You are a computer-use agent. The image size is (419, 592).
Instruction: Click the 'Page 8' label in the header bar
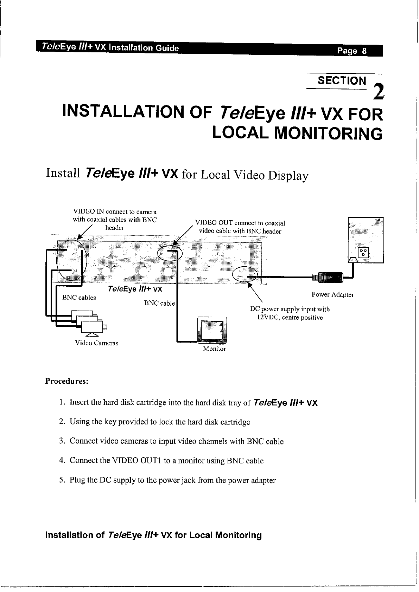pos(351,51)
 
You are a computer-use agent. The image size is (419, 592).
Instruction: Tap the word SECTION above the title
pos(341,81)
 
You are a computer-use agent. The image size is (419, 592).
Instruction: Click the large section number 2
pos(378,91)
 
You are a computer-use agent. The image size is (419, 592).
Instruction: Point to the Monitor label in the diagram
pos(214,349)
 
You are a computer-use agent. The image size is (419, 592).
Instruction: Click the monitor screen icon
pos(212,330)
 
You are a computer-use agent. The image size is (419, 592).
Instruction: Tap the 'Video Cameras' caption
pos(97,343)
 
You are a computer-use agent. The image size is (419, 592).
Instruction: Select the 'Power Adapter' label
pos(332,294)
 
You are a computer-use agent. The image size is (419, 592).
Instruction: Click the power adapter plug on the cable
pos(329,277)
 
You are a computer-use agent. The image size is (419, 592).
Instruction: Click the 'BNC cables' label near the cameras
pos(79,298)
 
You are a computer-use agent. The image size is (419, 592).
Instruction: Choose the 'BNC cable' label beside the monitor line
pos(159,303)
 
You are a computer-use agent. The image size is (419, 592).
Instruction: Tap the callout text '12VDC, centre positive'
pos(290,318)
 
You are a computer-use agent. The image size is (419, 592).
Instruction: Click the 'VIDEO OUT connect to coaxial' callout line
pos(240,223)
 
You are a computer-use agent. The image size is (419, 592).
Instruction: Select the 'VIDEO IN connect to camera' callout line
pos(115,212)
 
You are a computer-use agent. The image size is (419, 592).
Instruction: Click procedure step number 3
pos(62,441)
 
